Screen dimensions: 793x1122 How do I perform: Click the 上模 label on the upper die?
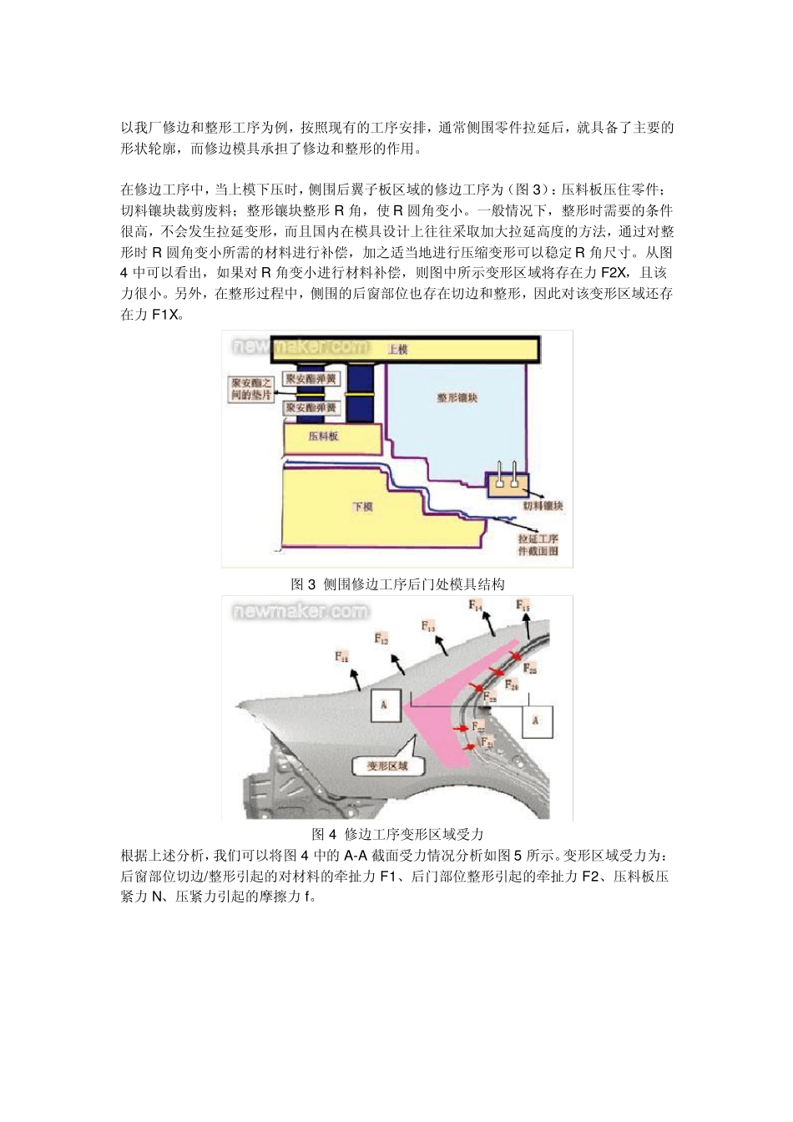click(x=397, y=350)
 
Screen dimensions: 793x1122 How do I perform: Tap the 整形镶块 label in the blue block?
click(x=457, y=398)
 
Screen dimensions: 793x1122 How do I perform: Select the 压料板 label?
click(x=324, y=437)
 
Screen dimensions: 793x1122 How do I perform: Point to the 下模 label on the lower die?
click(x=361, y=507)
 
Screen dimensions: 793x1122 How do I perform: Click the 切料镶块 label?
click(x=543, y=507)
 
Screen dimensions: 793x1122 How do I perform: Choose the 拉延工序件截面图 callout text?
click(x=538, y=545)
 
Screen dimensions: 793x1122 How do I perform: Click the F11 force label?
click(x=342, y=656)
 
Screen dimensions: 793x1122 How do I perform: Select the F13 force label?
click(x=428, y=626)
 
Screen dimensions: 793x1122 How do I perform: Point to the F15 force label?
click(x=523, y=605)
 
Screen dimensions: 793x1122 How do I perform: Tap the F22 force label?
click(x=478, y=726)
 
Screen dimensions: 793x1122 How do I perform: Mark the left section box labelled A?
click(x=384, y=705)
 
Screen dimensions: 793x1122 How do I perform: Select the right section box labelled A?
click(x=536, y=720)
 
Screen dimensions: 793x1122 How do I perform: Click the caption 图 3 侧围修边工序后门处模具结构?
click(x=397, y=584)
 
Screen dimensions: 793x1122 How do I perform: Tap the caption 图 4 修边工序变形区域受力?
click(x=397, y=834)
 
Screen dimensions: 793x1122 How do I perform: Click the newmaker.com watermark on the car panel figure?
click(x=300, y=611)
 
